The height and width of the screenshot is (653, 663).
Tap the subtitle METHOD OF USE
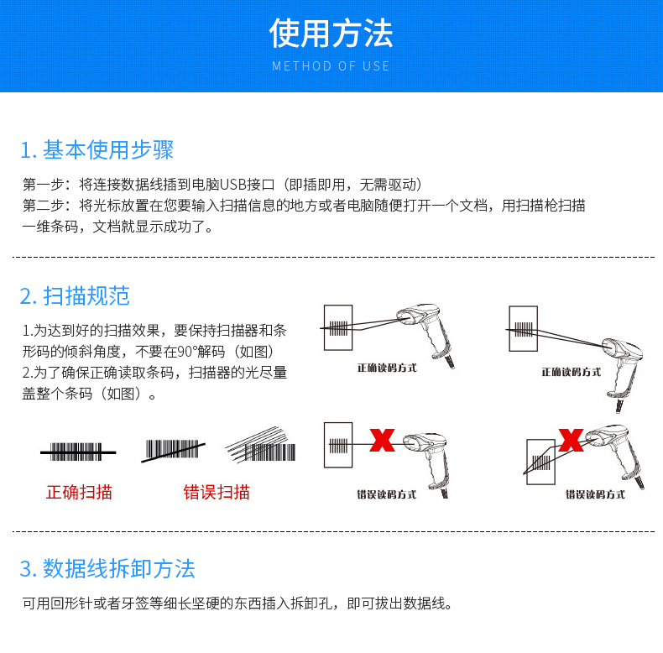tap(331, 66)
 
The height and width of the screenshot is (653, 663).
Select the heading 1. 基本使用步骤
tap(97, 150)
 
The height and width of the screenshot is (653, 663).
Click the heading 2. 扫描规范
tap(75, 295)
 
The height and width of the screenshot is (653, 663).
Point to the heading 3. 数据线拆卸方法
tap(107, 568)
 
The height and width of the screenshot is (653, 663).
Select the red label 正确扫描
tap(79, 493)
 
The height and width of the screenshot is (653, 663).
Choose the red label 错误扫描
tap(217, 493)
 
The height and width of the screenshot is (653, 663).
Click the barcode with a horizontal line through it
tap(77, 452)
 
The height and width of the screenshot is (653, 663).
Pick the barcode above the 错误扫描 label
tap(175, 451)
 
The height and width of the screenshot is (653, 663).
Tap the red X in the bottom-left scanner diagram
tap(383, 440)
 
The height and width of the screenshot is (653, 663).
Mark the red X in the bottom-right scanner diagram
tap(571, 438)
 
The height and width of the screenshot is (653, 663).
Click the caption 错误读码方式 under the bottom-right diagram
tap(595, 494)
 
